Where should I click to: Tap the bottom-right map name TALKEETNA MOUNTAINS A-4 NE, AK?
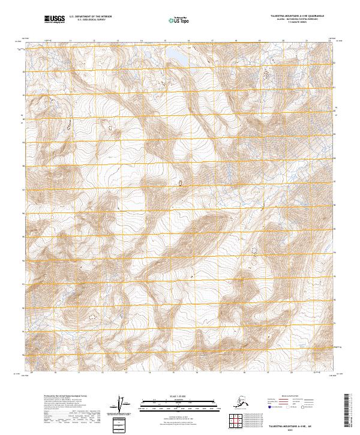point(296,424)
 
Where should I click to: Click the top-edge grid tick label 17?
point(212,41)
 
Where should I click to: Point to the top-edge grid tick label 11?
point(71,41)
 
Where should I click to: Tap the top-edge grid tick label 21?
point(307,41)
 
